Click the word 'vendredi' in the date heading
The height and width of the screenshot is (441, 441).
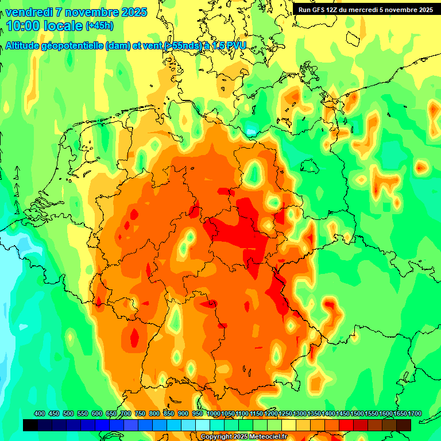tap(28, 12)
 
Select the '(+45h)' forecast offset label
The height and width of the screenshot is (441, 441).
tap(99, 26)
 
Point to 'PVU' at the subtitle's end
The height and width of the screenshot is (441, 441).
tap(234, 46)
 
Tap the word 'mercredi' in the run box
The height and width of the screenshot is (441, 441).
tap(363, 10)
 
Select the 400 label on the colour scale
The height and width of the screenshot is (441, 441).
tap(40, 413)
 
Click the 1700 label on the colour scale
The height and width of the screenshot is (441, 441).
tap(399, 413)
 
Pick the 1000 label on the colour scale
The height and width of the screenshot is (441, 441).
tap(214, 413)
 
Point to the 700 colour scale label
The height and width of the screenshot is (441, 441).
tap(126, 413)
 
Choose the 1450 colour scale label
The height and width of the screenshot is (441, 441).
tap(343, 413)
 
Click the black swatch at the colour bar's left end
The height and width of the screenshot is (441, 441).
tap(30, 425)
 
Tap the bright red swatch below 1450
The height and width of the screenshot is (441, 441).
tap(346, 425)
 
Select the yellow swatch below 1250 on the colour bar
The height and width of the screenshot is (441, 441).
tap(289, 425)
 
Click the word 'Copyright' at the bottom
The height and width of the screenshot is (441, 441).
tap(217, 436)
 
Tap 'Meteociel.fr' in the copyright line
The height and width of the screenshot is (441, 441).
tap(266, 436)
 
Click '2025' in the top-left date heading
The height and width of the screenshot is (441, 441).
tap(134, 12)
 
